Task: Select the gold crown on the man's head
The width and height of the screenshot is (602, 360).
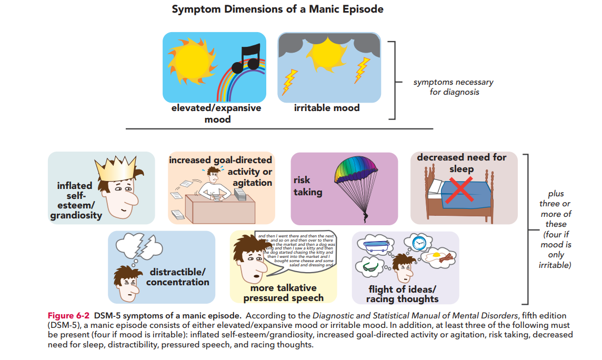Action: (113, 169)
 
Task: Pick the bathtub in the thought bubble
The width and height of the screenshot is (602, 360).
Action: (375, 244)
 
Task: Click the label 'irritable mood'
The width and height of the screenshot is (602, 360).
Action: (327, 108)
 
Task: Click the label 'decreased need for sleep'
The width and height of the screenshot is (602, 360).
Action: (461, 163)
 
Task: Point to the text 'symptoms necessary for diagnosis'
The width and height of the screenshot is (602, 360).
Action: (453, 87)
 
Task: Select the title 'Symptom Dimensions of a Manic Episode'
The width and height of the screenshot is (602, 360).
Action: (277, 9)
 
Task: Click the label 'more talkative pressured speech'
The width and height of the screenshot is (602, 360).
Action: (283, 293)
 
